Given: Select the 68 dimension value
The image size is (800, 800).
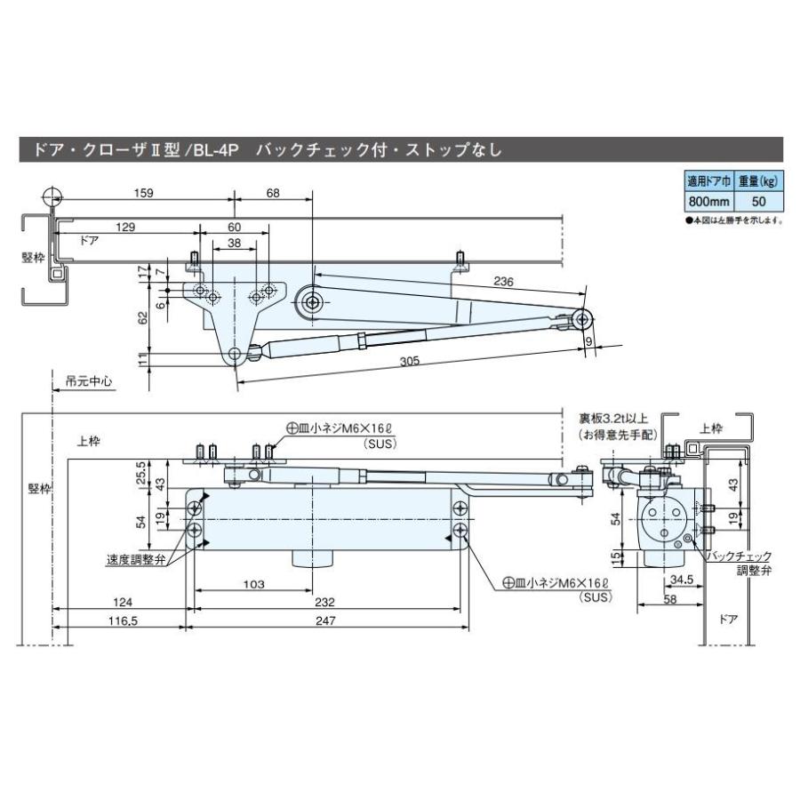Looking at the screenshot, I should tap(273, 193).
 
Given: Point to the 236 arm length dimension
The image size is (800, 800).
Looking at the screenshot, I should tap(504, 282).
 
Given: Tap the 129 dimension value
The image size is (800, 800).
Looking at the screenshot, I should tap(125, 228).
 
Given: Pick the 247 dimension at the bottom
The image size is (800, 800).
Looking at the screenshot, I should tap(325, 622).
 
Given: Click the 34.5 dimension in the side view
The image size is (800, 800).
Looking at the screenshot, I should tap(682, 580).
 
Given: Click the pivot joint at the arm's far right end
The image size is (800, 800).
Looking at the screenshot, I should tap(583, 318).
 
